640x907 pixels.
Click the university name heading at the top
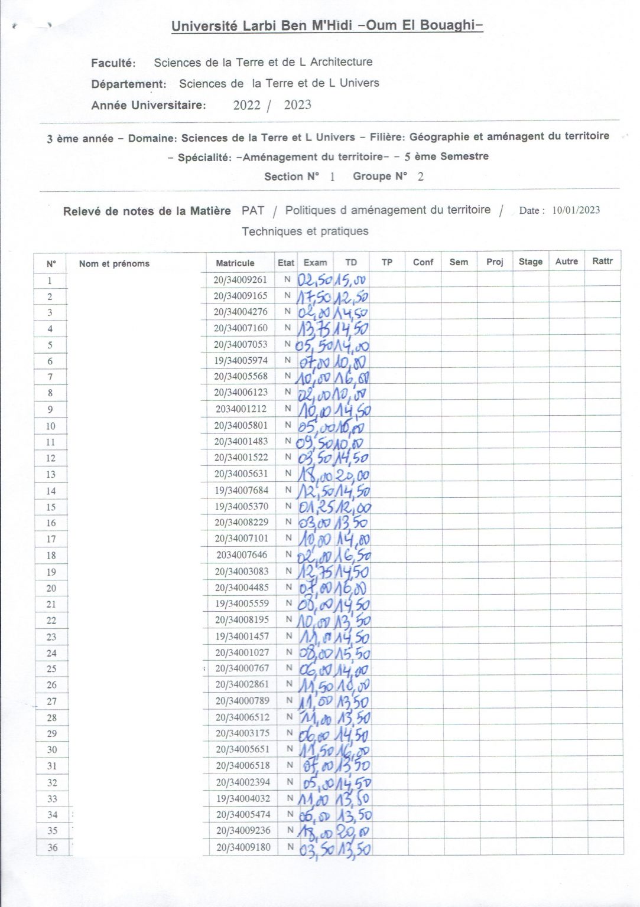327,25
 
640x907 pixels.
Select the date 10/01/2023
576,210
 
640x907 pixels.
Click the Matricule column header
235,263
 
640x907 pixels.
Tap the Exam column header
315,262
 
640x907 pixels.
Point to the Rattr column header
602,261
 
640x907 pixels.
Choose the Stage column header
530,262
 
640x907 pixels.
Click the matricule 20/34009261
240,279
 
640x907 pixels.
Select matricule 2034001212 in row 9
241,409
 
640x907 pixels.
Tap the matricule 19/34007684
241,490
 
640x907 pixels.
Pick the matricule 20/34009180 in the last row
243,847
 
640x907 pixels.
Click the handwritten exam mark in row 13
316,474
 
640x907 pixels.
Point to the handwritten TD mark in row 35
353,831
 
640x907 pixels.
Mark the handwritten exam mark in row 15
316,507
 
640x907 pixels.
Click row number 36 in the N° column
53,847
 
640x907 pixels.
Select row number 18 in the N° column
51,555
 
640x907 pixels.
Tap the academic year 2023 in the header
297,105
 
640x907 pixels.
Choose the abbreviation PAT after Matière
253,210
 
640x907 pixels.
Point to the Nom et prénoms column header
114,263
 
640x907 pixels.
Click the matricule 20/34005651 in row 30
242,749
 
